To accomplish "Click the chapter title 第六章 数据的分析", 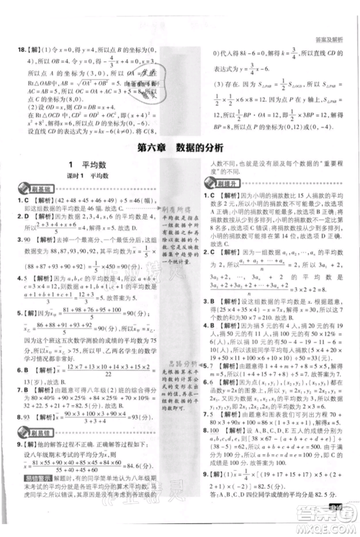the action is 180,148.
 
